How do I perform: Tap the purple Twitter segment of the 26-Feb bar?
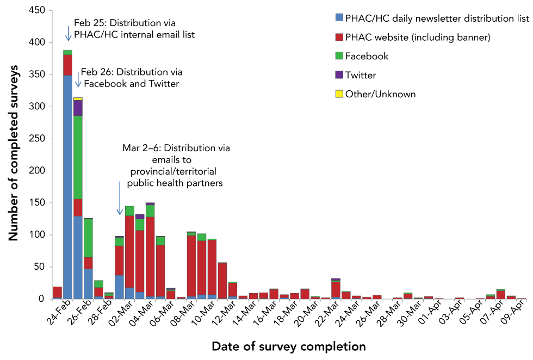click(x=78, y=108)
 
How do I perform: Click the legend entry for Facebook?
click(x=367, y=56)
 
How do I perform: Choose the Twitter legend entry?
click(x=360, y=75)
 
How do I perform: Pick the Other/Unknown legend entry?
click(x=380, y=94)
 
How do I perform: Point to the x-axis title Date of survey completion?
click(x=288, y=346)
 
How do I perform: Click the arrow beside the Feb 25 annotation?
click(x=69, y=33)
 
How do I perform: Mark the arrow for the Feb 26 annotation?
click(x=78, y=79)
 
